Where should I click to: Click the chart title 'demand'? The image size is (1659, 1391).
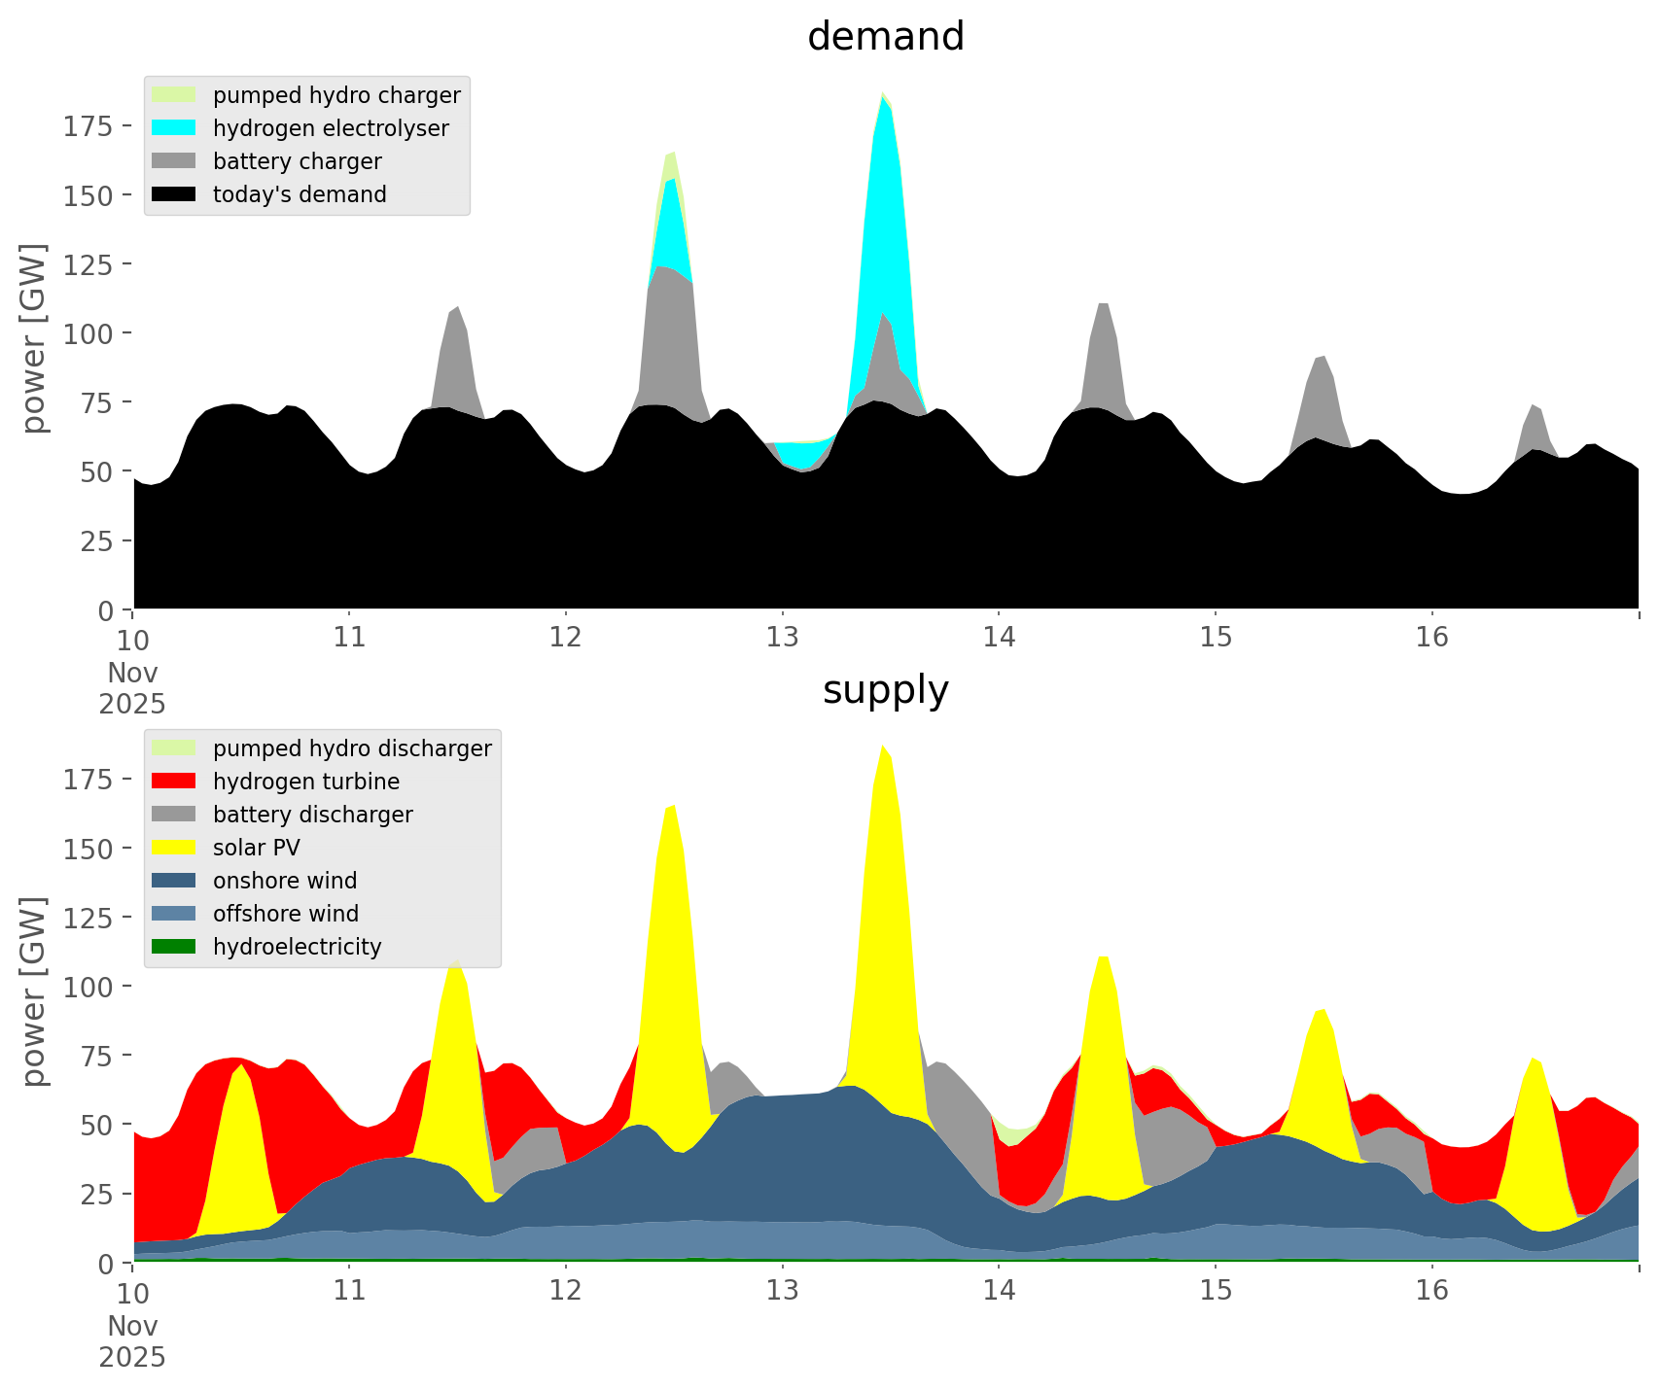(x=885, y=37)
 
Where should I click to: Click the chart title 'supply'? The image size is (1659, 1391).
(x=885, y=690)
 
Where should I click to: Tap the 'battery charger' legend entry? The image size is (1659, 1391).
(x=297, y=161)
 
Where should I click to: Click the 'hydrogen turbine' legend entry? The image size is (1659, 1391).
(x=306, y=782)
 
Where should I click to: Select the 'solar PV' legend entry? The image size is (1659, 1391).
(x=257, y=848)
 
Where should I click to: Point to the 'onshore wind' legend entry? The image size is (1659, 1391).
(x=285, y=881)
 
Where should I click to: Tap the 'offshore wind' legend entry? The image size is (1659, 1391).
(x=286, y=914)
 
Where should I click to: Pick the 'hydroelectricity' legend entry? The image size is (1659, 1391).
(x=297, y=947)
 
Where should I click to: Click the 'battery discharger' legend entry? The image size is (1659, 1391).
(x=312, y=815)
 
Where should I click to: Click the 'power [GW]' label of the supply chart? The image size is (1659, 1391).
(x=34, y=991)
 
